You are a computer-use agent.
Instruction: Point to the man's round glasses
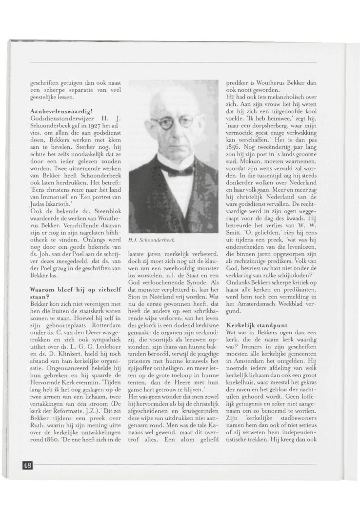click(x=173, y=123)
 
